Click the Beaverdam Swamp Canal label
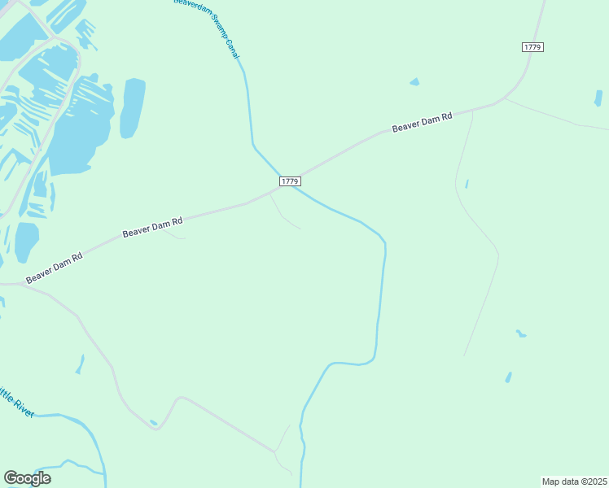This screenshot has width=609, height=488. click(x=208, y=28)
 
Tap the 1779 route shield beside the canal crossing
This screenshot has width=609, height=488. click(x=290, y=181)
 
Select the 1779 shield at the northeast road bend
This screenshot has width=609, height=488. click(x=532, y=47)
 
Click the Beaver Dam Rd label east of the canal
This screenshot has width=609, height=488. click(x=422, y=123)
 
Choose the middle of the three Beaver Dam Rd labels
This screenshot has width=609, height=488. click(x=152, y=226)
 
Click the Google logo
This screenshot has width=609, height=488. click(x=27, y=477)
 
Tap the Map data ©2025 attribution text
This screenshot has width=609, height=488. click(x=574, y=481)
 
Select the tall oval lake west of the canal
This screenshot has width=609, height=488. click(x=132, y=107)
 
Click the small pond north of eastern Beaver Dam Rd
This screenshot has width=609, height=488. click(x=414, y=82)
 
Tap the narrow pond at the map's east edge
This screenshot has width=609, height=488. click(x=598, y=98)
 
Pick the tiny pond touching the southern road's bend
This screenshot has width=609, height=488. click(x=153, y=422)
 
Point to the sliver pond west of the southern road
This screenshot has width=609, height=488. click(x=80, y=364)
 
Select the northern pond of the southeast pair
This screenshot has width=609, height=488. click(x=519, y=333)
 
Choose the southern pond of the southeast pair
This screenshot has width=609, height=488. click(x=508, y=377)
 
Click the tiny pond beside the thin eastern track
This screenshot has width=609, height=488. click(x=467, y=184)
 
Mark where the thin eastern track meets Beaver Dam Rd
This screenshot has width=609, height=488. click(x=473, y=110)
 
